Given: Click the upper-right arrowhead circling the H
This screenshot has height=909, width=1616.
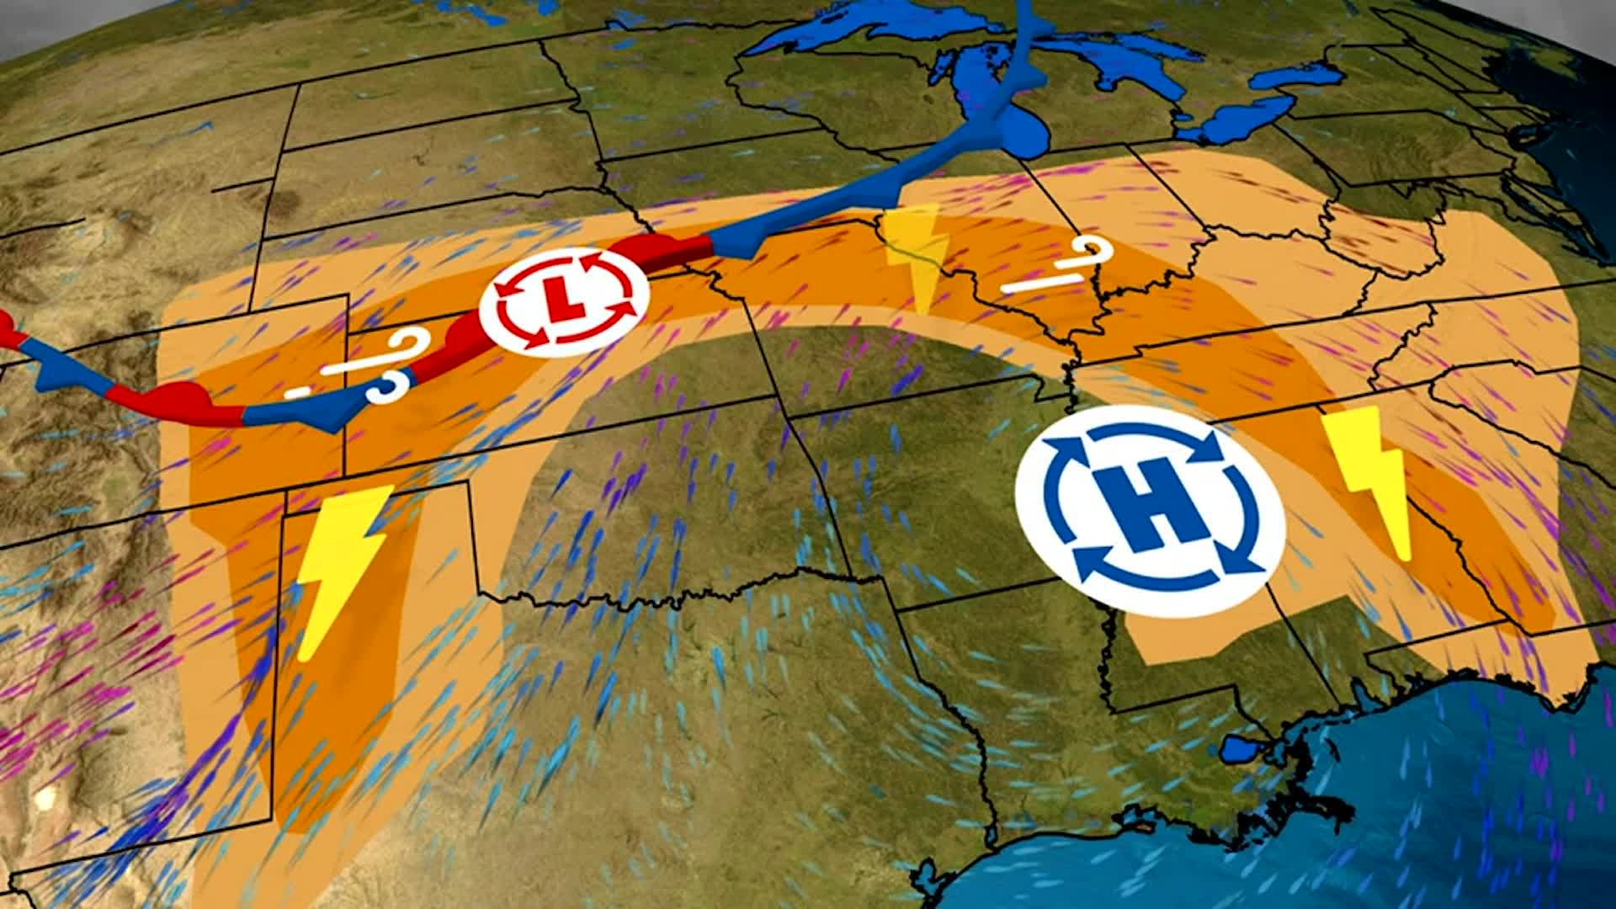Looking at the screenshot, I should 1212,446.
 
